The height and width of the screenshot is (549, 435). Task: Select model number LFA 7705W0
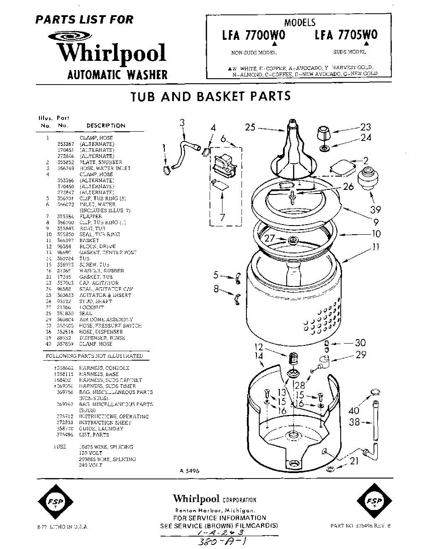click(346, 35)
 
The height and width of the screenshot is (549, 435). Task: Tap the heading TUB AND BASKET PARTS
click(211, 96)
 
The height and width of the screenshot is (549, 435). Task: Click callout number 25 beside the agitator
click(250, 127)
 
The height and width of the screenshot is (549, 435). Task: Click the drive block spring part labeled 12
click(293, 360)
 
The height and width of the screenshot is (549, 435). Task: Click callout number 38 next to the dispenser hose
click(354, 423)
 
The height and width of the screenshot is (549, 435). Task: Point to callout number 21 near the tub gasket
click(354, 462)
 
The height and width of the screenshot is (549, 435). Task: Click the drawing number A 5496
click(189, 470)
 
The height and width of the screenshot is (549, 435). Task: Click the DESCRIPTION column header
click(106, 125)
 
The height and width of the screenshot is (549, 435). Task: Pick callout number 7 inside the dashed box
click(223, 217)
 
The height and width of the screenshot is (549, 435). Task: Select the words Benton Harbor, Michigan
click(214, 510)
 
